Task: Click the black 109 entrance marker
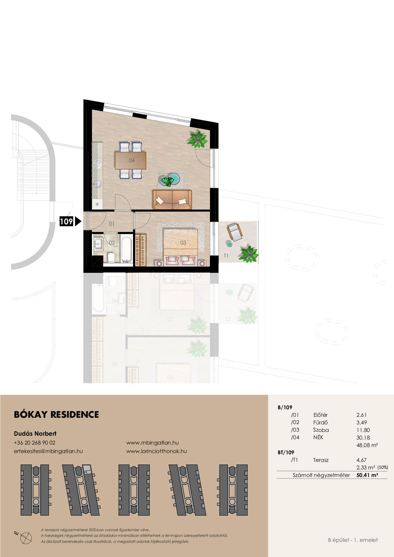click(70, 221)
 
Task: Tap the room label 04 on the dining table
click(132, 160)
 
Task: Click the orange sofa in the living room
click(172, 199)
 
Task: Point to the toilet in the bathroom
click(111, 258)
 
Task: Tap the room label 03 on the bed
click(183, 243)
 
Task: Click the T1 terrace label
click(226, 256)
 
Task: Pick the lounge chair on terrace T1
click(234, 232)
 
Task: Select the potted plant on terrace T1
click(249, 254)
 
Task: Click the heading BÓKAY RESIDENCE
click(56, 415)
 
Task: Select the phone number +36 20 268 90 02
click(35, 443)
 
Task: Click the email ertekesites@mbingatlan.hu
click(48, 451)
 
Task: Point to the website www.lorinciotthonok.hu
click(157, 451)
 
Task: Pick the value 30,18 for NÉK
click(363, 438)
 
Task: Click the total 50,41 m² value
click(367, 475)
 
